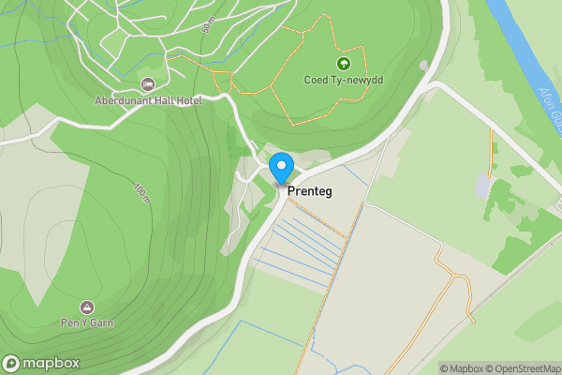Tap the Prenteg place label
310,190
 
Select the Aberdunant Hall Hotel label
148,100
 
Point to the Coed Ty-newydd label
344,81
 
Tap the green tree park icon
344,65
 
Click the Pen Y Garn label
87,322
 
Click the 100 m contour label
140,193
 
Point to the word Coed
316,81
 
